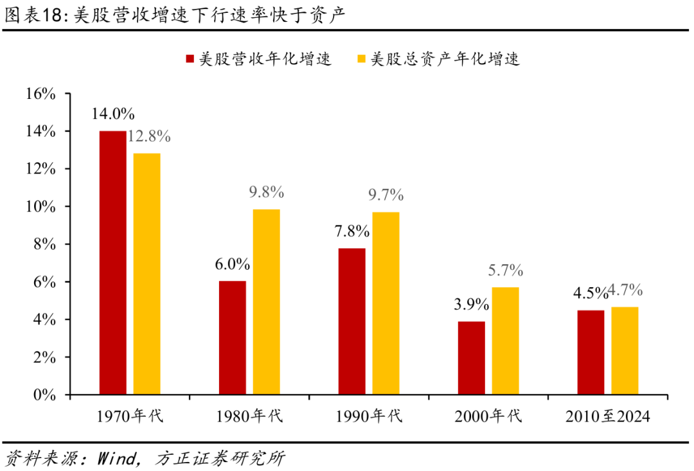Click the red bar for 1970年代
112,262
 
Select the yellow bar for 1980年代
266,301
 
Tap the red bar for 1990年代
351,321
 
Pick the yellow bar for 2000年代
505,340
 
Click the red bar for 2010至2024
591,352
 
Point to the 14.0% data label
112,114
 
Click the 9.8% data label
266,192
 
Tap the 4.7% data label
625,290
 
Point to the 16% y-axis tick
42,94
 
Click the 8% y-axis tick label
45,244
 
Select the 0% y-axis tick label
45,395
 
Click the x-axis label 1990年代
368,416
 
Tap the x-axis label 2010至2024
608,416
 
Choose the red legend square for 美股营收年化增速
190,60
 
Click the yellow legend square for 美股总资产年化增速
361,60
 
